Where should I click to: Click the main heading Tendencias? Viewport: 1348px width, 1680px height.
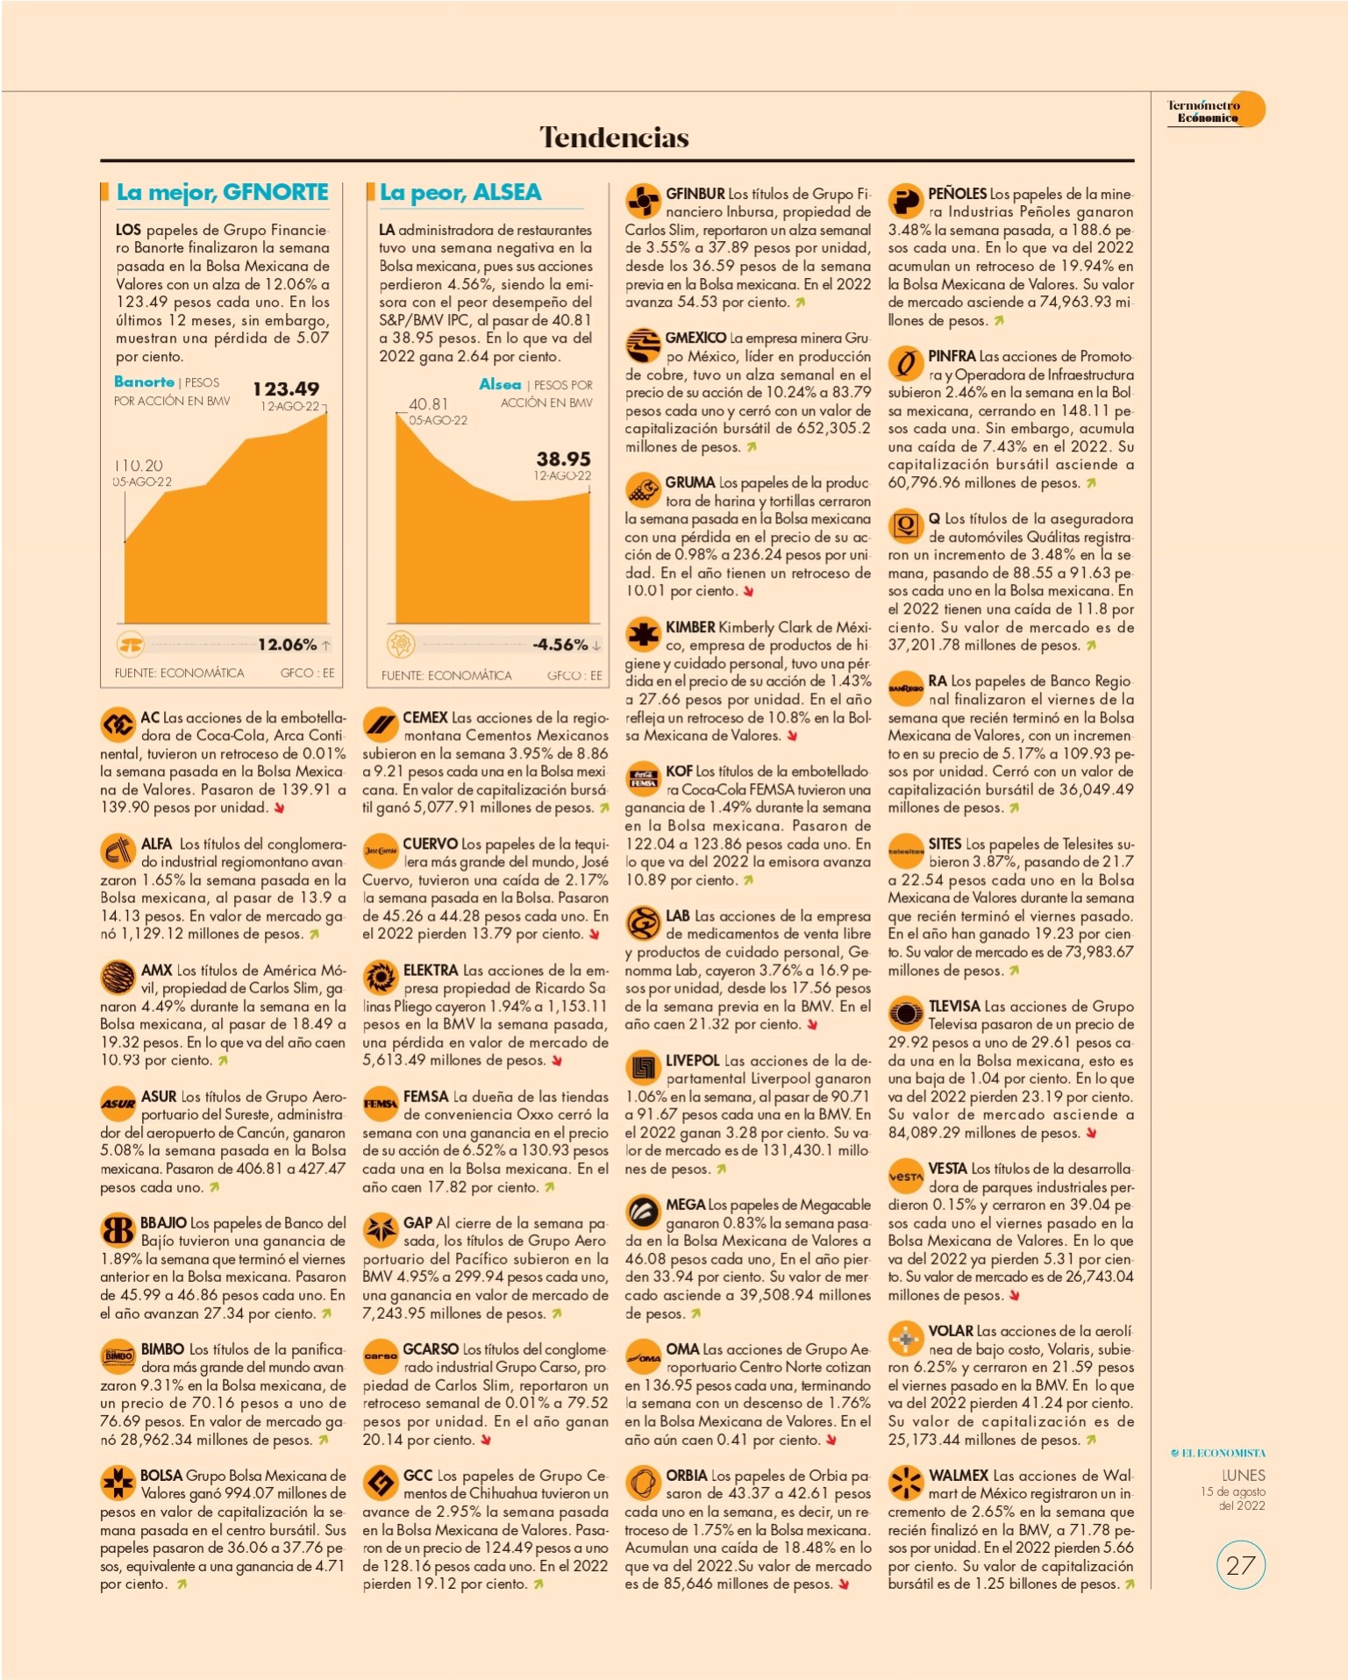(x=614, y=137)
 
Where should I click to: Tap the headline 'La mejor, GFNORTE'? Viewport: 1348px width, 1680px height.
(x=223, y=193)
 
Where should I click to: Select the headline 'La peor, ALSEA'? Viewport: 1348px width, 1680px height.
(x=460, y=193)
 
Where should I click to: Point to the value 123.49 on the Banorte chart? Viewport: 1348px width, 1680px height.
(x=286, y=388)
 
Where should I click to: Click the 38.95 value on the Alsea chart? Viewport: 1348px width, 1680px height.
(x=564, y=459)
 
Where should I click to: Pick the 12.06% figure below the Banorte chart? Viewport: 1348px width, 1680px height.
(x=287, y=644)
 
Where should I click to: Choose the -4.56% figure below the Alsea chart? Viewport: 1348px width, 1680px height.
(x=560, y=644)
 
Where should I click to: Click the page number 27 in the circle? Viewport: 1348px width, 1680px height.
(x=1240, y=1565)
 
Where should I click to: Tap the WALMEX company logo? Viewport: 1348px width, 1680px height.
(x=905, y=1483)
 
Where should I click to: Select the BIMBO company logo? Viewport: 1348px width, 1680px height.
(x=118, y=1356)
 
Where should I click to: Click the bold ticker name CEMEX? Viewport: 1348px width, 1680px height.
(x=425, y=717)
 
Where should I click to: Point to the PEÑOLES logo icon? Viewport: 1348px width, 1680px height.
(x=905, y=202)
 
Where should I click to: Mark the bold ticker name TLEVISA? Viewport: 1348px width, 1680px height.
(x=954, y=1007)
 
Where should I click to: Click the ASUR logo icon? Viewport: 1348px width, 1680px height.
(x=118, y=1104)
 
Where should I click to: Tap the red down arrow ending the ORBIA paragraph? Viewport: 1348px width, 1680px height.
(x=844, y=1584)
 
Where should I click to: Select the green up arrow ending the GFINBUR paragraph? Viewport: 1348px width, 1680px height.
(x=800, y=303)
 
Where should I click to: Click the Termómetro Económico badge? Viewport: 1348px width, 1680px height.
(x=1216, y=110)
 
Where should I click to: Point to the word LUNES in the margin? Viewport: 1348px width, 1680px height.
(x=1244, y=1476)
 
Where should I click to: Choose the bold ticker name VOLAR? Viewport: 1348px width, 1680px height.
(x=951, y=1331)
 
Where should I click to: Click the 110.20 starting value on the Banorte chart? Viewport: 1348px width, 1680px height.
(x=139, y=466)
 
